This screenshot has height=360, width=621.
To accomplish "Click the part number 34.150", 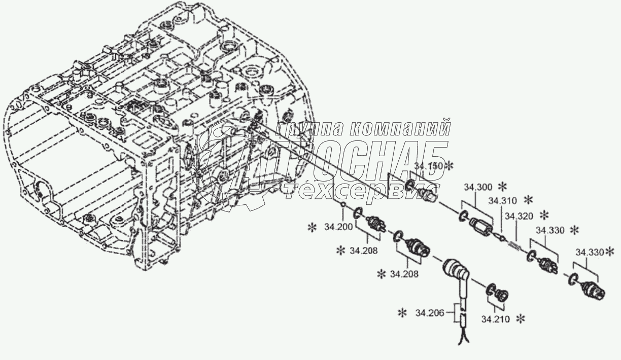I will click(428, 166).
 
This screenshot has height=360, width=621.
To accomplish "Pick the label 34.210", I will click(494, 319).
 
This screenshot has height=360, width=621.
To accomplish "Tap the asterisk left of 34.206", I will click(403, 313).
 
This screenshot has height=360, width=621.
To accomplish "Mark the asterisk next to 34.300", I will click(503, 186).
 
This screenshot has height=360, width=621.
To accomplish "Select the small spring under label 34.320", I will click(515, 246).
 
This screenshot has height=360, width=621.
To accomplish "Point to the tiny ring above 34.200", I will click(343, 205).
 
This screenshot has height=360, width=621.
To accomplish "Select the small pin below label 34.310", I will click(501, 236).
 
